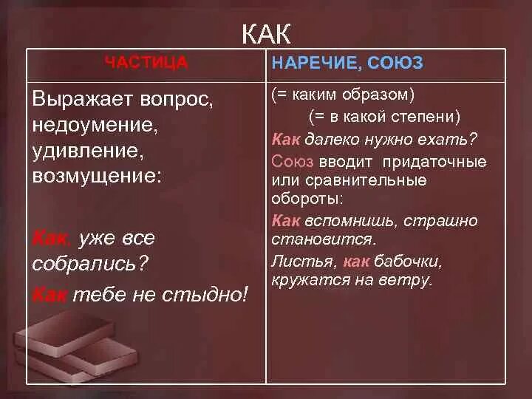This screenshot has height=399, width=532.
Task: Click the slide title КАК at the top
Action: (x=266, y=33)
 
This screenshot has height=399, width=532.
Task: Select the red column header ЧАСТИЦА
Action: (x=146, y=64)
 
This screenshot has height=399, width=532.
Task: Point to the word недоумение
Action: (x=95, y=126)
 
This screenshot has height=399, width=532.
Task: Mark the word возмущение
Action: (x=96, y=177)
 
